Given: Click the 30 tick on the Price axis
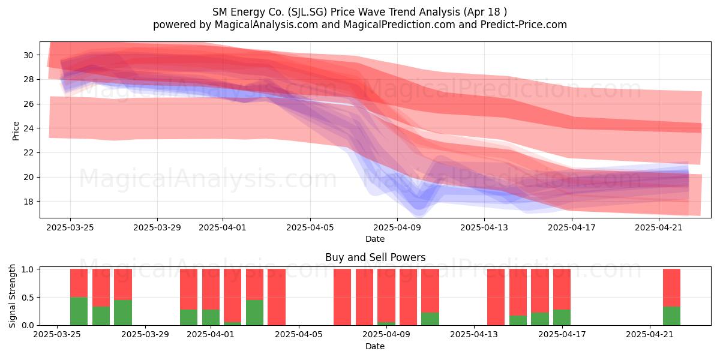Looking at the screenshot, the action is (28, 55).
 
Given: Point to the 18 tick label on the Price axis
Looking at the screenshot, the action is (28, 202).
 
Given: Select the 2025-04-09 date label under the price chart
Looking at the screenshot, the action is (397, 228).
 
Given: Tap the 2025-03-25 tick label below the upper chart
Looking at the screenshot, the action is (70, 228).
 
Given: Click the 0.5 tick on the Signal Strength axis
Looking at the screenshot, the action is (28, 298).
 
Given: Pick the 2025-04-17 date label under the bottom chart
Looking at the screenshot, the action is (562, 335).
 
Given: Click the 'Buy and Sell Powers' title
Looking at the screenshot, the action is (375, 257).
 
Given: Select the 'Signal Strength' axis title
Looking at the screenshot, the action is (12, 296).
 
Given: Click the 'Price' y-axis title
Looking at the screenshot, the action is (16, 131).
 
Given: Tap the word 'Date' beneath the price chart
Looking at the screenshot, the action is (375, 239).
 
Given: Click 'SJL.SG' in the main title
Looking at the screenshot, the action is (307, 12).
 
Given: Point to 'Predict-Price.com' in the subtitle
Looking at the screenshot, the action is (524, 25).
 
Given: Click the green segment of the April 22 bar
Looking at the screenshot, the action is (671, 316).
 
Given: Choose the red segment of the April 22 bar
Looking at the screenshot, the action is (671, 287).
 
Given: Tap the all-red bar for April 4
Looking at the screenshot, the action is (277, 297).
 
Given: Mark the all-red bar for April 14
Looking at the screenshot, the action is (496, 297).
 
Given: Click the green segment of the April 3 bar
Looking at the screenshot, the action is (254, 313).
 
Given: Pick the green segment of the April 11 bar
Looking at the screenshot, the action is (430, 319).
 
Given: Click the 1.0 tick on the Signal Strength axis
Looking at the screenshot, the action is (28, 269).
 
